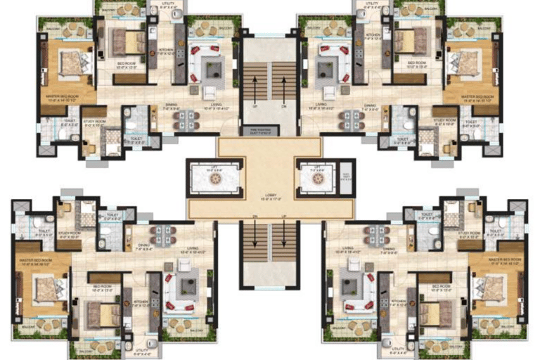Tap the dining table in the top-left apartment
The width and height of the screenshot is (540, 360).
click(186, 120)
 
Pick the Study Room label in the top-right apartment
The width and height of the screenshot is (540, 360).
click(445, 121)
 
